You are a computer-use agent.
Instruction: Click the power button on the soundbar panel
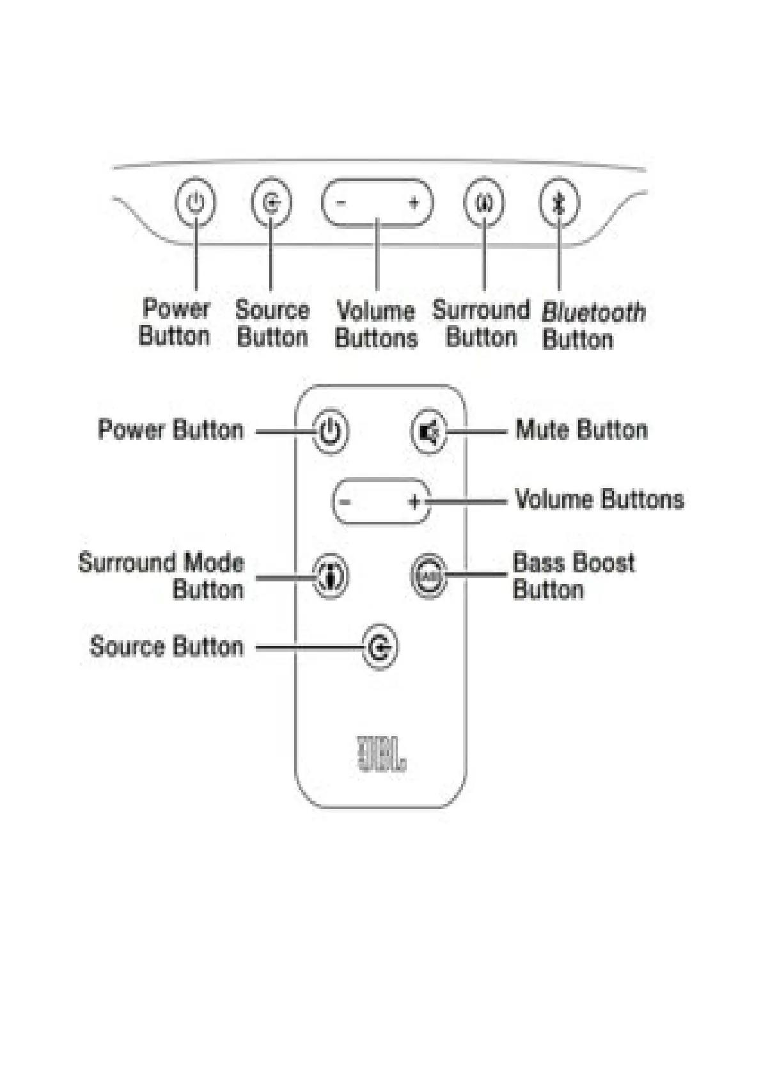(x=195, y=203)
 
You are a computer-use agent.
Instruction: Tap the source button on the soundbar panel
(x=271, y=203)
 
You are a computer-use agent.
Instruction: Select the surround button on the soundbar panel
(x=483, y=203)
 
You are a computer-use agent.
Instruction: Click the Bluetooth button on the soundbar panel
(x=559, y=203)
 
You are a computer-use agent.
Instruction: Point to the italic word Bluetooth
(x=593, y=313)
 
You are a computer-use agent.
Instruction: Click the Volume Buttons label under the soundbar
(x=376, y=324)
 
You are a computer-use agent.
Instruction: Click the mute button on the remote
(x=428, y=433)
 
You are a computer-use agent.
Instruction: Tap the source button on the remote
(x=380, y=648)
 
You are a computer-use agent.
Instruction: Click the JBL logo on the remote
(x=381, y=754)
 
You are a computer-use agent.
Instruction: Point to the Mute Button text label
(x=581, y=430)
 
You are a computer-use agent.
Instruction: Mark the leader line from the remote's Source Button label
(x=307, y=647)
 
